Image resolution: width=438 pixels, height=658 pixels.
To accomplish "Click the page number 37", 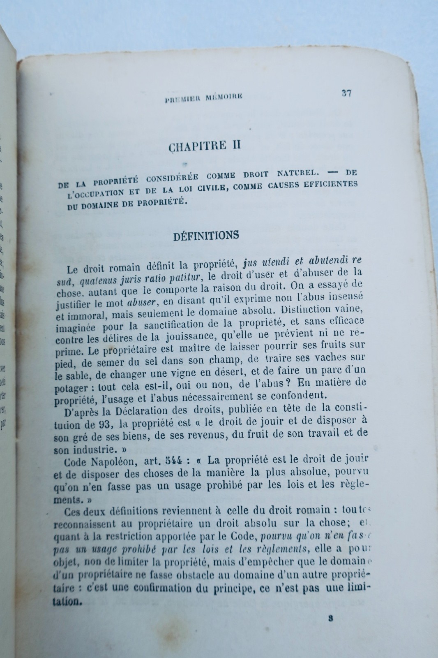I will [x=346, y=93].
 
